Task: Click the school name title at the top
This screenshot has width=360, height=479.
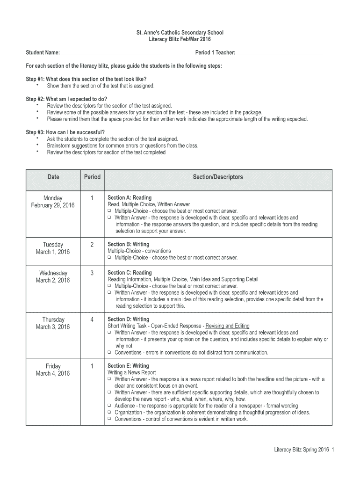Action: pos(180,33)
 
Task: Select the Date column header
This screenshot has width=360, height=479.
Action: pos(53,177)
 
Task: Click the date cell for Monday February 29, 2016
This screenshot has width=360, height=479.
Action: pos(53,202)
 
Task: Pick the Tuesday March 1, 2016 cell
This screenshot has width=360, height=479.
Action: pos(53,248)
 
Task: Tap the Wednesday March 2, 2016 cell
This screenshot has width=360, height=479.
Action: pos(53,276)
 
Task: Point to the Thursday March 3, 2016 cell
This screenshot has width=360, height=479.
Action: pos(53,323)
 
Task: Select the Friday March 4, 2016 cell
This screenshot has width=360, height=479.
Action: pos(53,370)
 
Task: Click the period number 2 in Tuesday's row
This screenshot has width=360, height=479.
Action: pos(92,245)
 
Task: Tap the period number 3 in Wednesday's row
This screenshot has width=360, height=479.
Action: pos(92,273)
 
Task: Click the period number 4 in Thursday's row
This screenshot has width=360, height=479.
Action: pos(92,319)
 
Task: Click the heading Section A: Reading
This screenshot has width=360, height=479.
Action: pos(130,198)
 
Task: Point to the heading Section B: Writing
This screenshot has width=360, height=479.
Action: pos(129,244)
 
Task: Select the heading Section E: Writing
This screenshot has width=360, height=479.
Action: pos(129,366)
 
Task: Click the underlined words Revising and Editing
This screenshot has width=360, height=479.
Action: pos(228,326)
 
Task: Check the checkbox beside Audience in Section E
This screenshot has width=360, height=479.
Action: pos(109,406)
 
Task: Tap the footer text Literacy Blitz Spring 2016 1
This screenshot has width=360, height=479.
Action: pos(304,450)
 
